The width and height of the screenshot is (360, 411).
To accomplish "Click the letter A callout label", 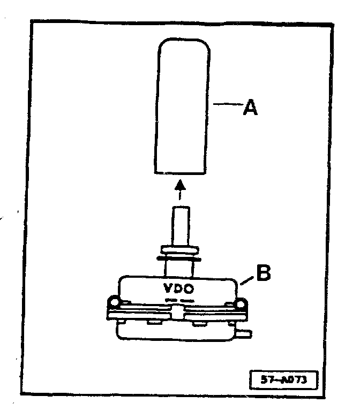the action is (x=250, y=108).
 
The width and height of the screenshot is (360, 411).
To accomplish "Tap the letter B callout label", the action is (x=264, y=273).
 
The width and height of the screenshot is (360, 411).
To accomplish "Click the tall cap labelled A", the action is (x=181, y=107).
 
